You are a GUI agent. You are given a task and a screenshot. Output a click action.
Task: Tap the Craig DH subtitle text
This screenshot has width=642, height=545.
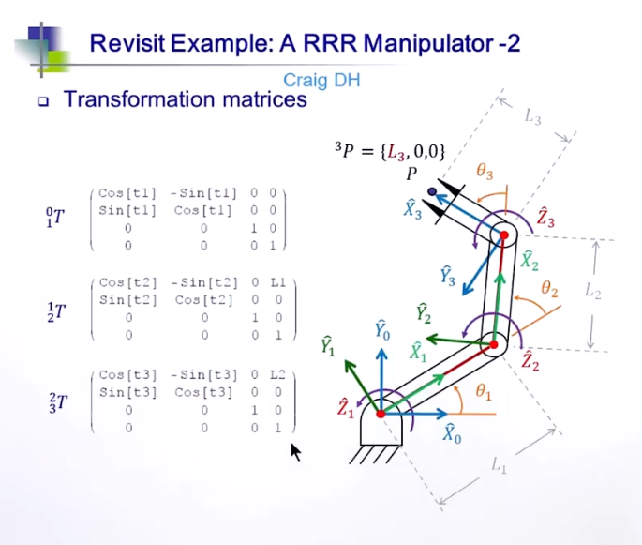[x=321, y=81]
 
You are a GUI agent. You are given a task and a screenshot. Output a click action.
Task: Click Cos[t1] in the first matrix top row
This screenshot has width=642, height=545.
[x=127, y=193]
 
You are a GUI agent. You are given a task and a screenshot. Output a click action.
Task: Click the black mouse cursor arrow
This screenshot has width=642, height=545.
[x=296, y=453]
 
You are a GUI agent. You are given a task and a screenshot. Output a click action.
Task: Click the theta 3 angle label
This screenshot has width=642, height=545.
[x=485, y=172]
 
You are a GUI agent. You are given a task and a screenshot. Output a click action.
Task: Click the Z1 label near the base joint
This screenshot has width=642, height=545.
[x=346, y=407]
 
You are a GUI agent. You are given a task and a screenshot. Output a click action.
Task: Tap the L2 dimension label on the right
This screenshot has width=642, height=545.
[x=592, y=292]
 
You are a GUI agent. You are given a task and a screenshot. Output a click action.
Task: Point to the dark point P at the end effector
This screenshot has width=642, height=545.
[x=432, y=192]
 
